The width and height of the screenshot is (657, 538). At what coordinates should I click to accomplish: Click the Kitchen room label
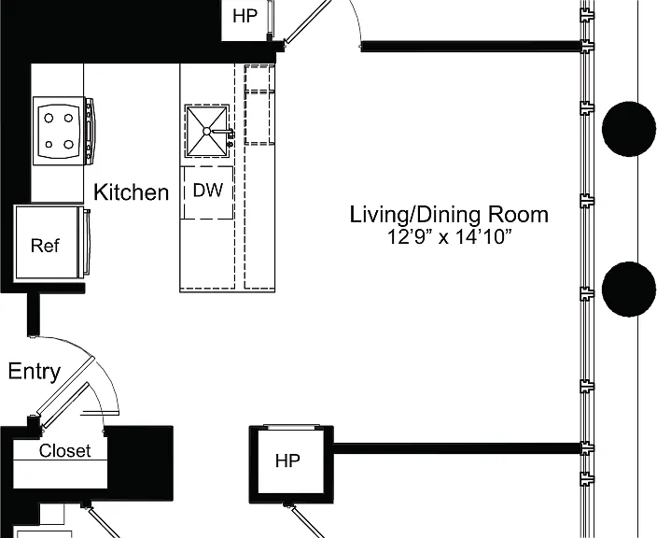[132, 192]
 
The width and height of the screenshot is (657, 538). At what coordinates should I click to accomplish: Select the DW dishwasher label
[208, 191]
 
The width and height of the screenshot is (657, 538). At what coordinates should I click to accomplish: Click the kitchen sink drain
[206, 132]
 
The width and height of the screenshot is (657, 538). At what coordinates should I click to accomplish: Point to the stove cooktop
[59, 132]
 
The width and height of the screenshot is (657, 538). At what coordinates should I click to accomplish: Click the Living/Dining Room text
[449, 214]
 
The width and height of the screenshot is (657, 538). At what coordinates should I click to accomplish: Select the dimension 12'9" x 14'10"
[449, 236]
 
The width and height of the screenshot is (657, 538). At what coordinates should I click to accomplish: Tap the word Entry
[35, 372]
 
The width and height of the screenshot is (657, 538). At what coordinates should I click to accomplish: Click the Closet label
[65, 451]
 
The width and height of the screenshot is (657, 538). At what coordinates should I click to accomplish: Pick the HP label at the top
[245, 17]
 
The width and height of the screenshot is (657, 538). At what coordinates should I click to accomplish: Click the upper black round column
[628, 129]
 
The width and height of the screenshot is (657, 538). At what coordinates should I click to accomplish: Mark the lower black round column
[628, 289]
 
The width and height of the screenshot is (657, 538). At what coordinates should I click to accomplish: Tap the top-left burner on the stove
[49, 119]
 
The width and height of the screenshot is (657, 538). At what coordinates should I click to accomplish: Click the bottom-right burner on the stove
[69, 145]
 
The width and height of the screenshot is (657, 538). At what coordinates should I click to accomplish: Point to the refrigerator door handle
[87, 242]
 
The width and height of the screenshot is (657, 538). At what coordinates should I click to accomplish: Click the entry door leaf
[65, 386]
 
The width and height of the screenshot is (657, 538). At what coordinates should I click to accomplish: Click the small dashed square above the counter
[259, 78]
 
